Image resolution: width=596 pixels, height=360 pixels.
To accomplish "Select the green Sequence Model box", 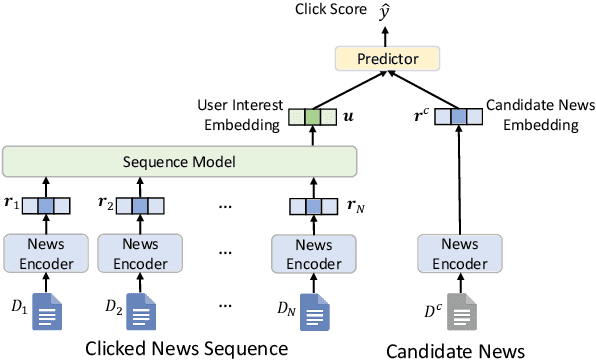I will pyautogui.click(x=180, y=161).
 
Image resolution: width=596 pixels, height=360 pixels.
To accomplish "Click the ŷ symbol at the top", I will pyautogui.click(x=384, y=11).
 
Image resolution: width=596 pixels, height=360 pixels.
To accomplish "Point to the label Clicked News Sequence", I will pyautogui.click(x=187, y=348).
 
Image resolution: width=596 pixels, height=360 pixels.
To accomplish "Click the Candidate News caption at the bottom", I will pyautogui.click(x=456, y=349).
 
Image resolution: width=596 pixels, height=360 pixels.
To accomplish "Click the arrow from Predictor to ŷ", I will pyautogui.click(x=383, y=33).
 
